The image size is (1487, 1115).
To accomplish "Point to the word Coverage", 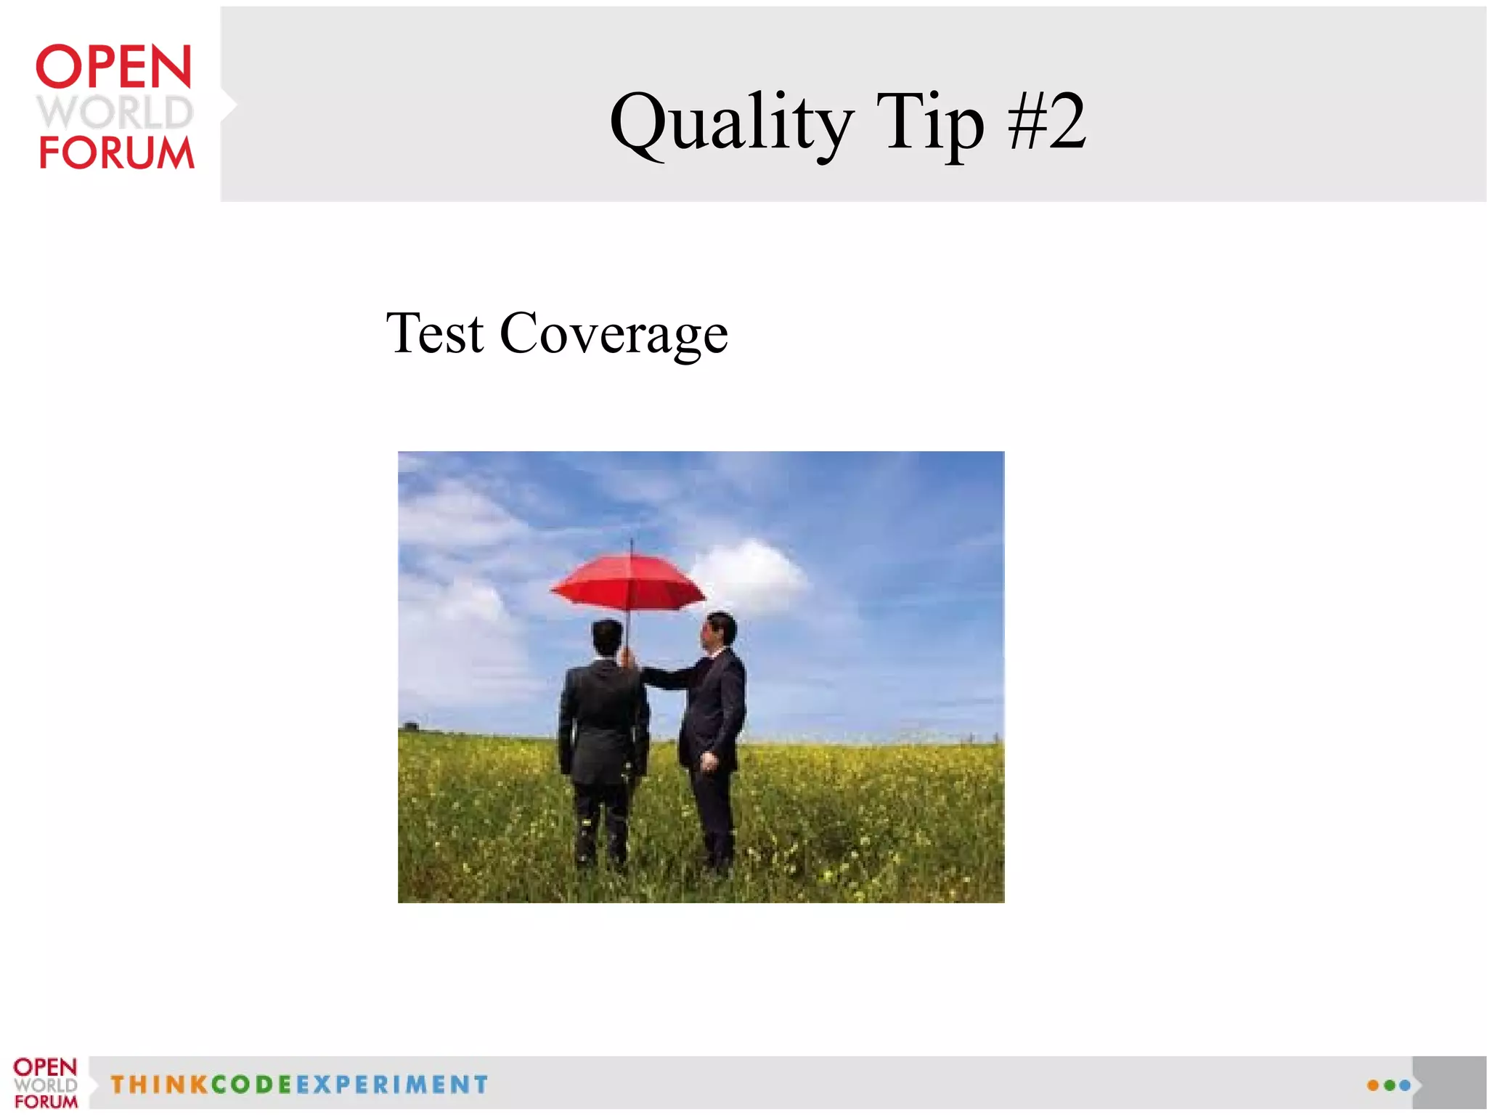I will coord(614,335).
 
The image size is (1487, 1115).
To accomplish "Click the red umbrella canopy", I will coord(629,580).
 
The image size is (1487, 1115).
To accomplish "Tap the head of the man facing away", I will coord(607,637).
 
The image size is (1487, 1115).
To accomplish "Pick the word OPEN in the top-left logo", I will coord(114,67).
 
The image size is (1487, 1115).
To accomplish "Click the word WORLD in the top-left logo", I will coord(115,112).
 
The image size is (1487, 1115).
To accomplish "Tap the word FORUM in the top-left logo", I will coord(116,153).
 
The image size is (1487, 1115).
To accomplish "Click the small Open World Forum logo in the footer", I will coord(45,1083).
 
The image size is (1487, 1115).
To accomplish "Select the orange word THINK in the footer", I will coord(158,1084).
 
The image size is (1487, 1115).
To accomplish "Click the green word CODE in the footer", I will coord(251,1084).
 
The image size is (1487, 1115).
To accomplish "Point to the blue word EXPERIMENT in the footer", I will coord(392,1084).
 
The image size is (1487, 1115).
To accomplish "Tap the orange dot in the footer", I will coord(1372,1085).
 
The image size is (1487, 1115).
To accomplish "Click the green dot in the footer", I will coord(1389,1085).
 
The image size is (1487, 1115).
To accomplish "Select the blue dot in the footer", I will coord(1405,1085).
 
